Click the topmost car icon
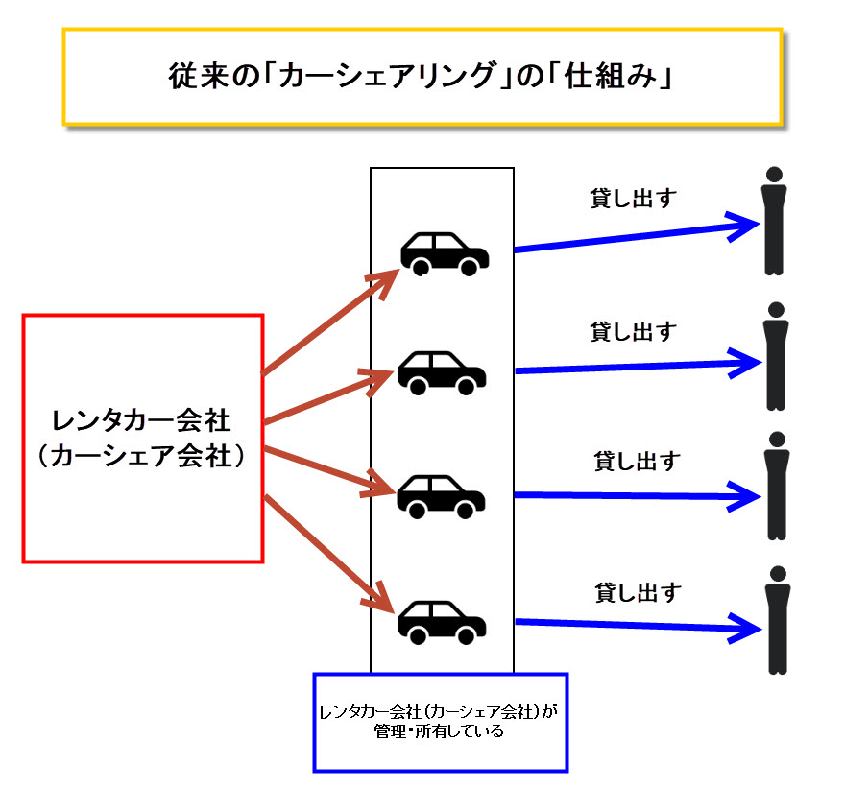[x=445, y=253]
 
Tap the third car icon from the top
[x=442, y=495]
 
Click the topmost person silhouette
[x=774, y=222]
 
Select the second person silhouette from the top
[x=775, y=356]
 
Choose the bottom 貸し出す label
[x=638, y=592]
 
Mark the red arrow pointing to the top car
[x=330, y=321]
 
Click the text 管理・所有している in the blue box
[x=441, y=731]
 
